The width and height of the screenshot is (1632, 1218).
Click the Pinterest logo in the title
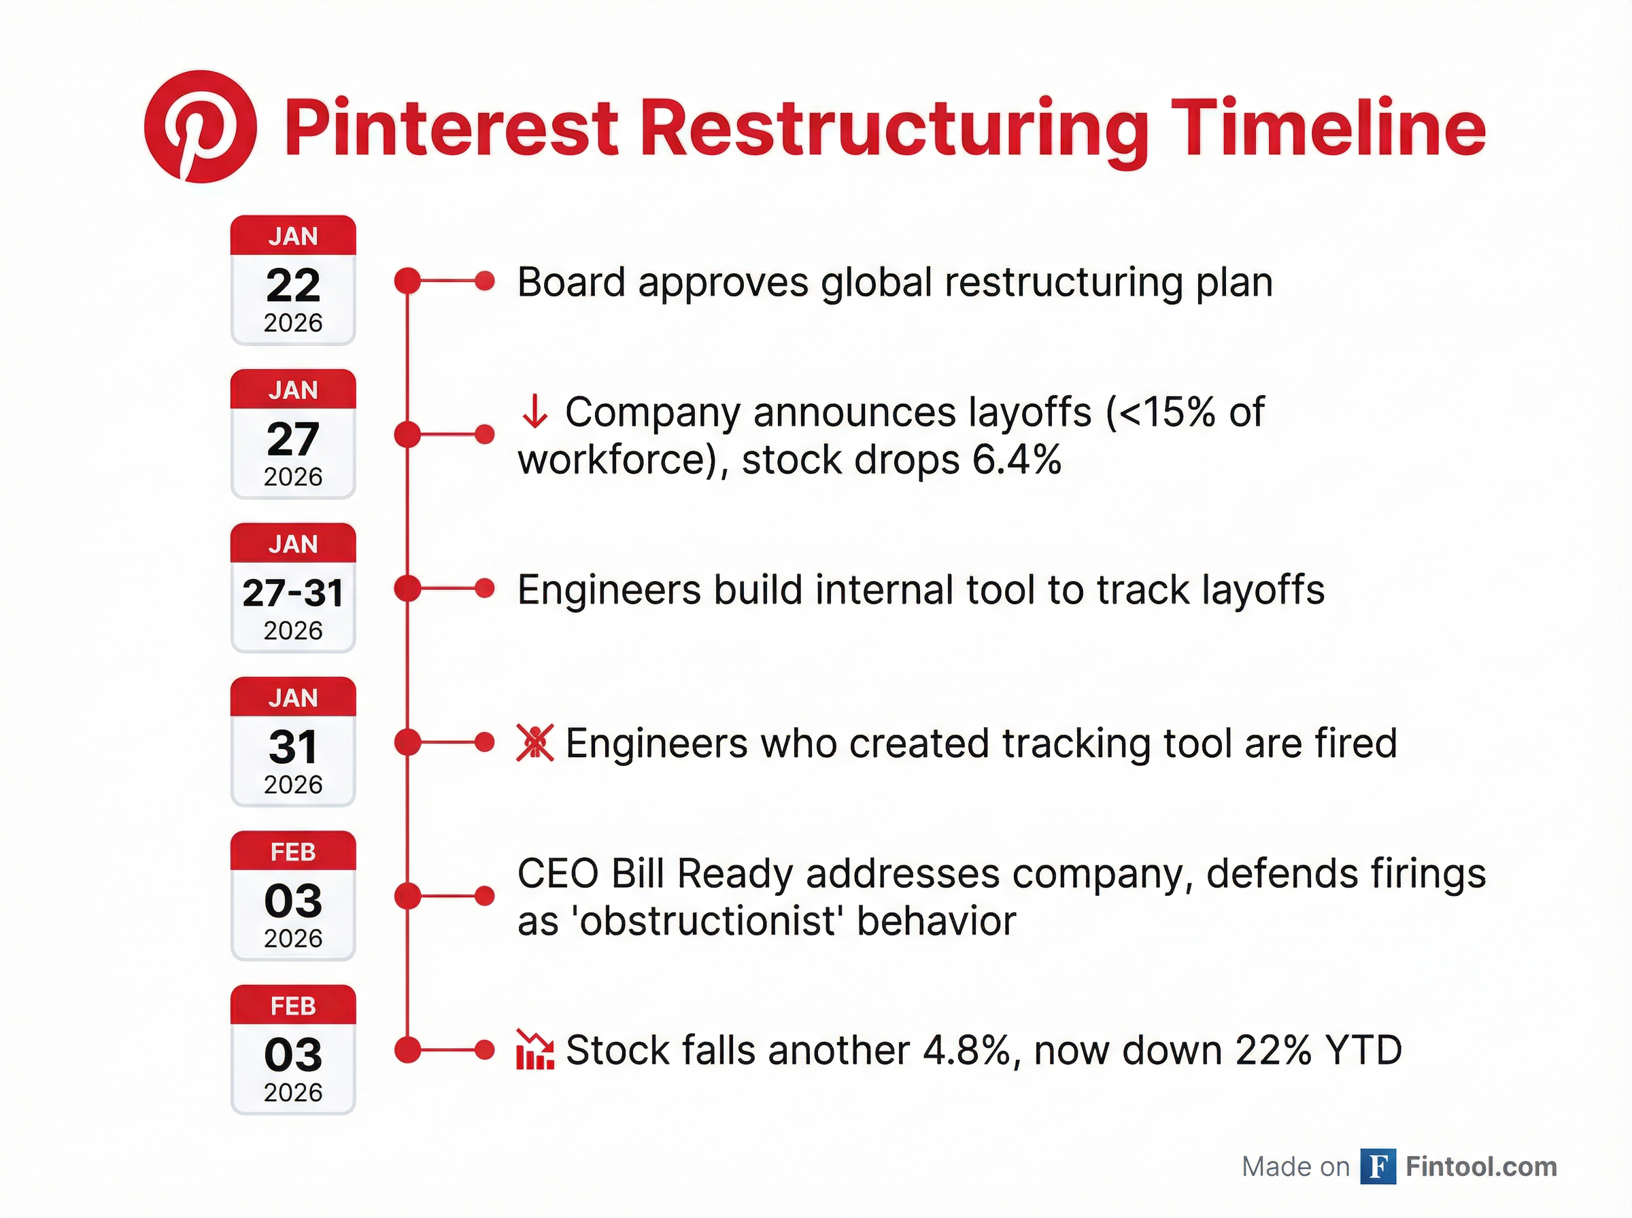(x=200, y=127)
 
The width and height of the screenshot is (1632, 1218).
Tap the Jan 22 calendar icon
(x=293, y=281)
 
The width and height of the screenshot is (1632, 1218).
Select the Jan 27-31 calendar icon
(x=293, y=589)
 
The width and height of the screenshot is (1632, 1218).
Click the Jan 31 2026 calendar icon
(x=293, y=742)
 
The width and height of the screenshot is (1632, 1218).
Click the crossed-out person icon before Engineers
(x=534, y=742)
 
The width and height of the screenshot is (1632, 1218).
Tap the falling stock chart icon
(x=534, y=1050)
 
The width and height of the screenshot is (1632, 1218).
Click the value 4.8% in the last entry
(x=971, y=1050)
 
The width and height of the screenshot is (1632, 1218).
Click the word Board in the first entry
(x=571, y=282)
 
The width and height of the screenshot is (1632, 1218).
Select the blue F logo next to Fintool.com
(x=1378, y=1166)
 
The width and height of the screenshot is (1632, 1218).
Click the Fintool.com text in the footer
(x=1481, y=1166)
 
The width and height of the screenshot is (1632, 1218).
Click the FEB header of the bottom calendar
(x=293, y=1006)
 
